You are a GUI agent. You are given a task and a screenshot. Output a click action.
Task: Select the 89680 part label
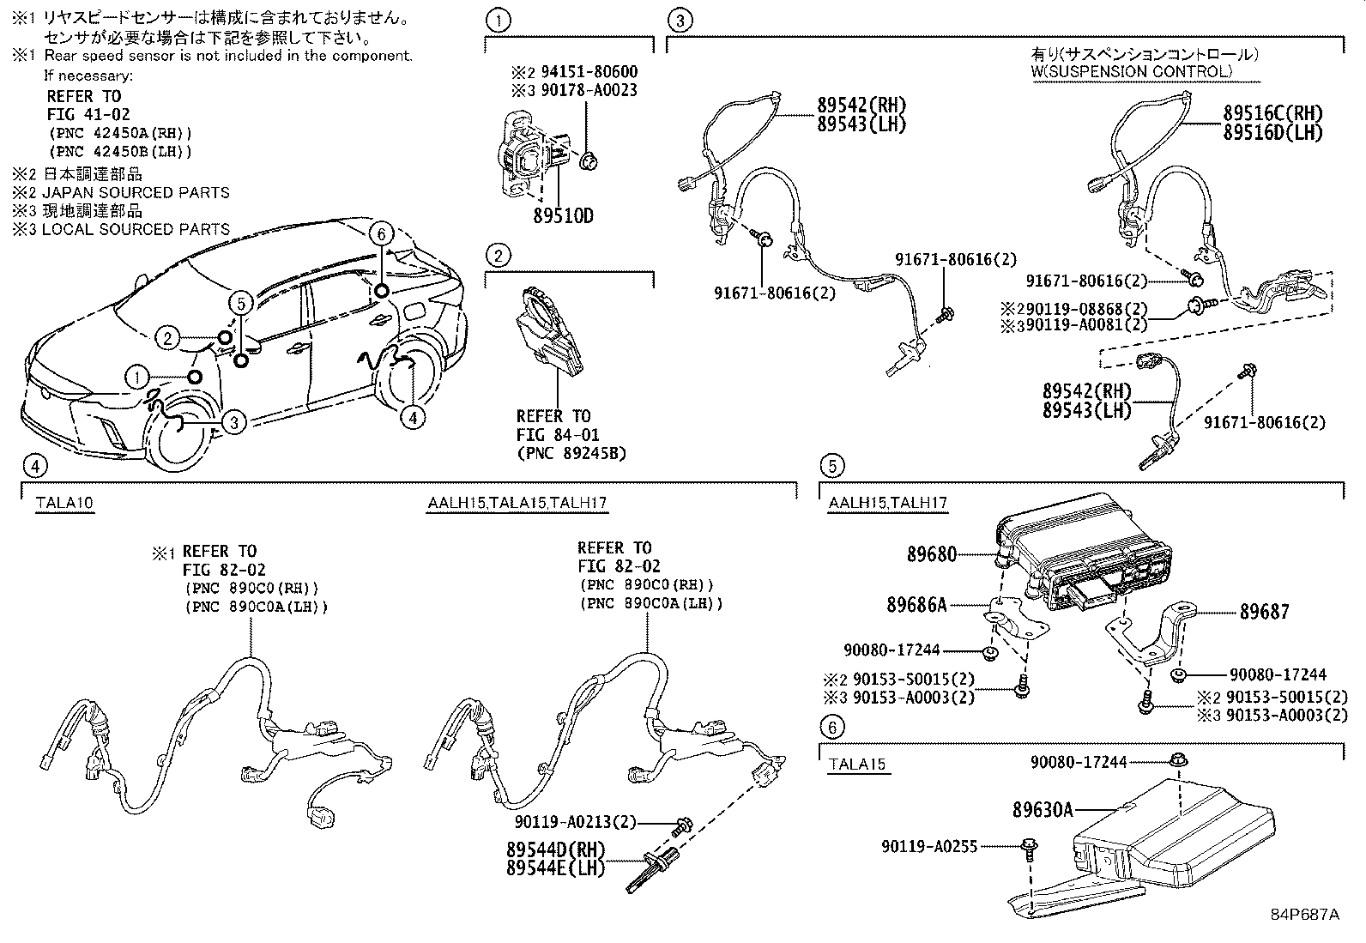(x=931, y=554)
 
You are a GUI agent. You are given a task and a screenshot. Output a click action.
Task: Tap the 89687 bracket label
(x=1264, y=612)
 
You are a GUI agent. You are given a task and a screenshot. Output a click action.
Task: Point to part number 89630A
(x=1043, y=808)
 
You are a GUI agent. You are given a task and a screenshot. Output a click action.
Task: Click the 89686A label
(x=916, y=605)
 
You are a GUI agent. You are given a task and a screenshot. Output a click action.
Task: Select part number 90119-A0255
(x=928, y=846)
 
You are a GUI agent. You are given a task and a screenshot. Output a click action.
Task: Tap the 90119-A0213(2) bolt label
(x=576, y=822)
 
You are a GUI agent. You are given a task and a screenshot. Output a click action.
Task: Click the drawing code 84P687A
(x=1304, y=914)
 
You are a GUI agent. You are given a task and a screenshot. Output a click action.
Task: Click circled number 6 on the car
(x=382, y=233)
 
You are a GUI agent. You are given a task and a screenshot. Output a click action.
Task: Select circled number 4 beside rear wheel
(x=413, y=417)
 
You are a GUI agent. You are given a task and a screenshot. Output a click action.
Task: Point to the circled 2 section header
(x=497, y=255)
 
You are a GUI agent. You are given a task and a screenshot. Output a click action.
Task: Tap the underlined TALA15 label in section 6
(x=857, y=765)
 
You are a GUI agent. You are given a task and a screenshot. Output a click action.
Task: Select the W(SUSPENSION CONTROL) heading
(x=1131, y=71)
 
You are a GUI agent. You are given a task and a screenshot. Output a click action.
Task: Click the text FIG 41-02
(x=88, y=114)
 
